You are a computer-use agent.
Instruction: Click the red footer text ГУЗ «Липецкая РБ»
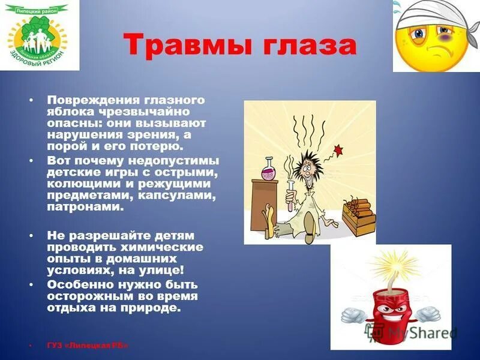(x=87, y=346)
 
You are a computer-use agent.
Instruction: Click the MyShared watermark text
(x=421, y=332)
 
